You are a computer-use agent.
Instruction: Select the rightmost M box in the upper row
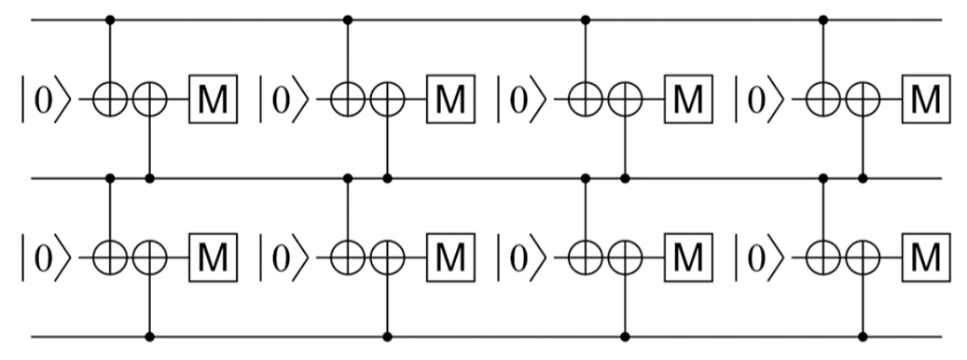[924, 97]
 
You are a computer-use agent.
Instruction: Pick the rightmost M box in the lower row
[924, 255]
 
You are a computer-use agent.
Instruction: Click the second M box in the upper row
[450, 97]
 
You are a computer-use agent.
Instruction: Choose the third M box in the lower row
[687, 255]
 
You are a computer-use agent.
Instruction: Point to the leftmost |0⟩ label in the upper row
[45, 97]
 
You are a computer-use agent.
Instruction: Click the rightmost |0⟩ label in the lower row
[757, 255]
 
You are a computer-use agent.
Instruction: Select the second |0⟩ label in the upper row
[282, 97]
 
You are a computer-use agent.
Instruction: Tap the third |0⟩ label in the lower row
[519, 255]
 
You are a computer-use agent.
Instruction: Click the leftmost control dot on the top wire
[112, 19]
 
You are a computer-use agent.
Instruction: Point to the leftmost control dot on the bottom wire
[151, 335]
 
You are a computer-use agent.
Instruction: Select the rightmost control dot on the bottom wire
[863, 335]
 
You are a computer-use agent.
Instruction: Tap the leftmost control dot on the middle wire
[112, 176]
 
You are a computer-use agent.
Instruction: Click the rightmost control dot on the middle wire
[863, 176]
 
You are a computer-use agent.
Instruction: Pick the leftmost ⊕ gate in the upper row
[112, 97]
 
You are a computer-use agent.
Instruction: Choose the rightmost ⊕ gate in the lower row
[863, 255]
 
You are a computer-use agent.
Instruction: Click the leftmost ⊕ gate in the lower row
[112, 255]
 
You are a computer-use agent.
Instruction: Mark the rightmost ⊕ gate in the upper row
[863, 97]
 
